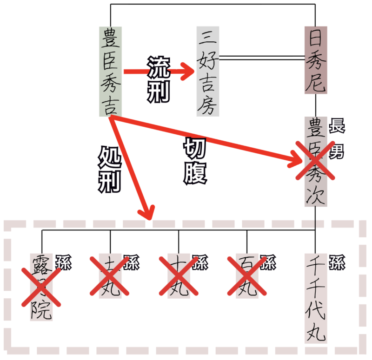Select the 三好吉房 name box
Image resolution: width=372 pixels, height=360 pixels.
[x=207, y=71]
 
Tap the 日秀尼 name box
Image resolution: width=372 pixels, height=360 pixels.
[x=316, y=60]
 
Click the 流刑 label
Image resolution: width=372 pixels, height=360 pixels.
[x=158, y=79]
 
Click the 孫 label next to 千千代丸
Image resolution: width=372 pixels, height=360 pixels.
[x=337, y=262]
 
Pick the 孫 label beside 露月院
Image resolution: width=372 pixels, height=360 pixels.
[x=64, y=262]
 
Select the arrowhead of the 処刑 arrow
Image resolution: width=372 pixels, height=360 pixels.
[x=147, y=213]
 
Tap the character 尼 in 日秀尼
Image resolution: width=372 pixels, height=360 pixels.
[x=316, y=82]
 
